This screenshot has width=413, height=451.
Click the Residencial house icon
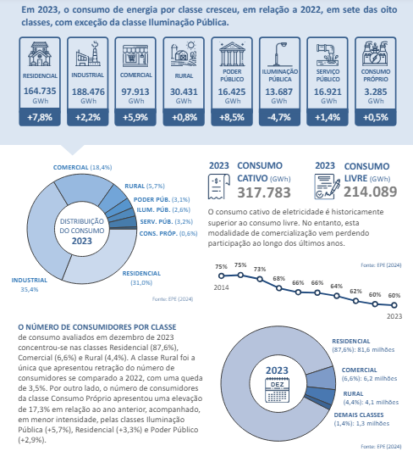click(x=40, y=53)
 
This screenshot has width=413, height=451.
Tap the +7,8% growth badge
click(x=40, y=117)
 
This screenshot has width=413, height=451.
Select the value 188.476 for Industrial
click(x=88, y=92)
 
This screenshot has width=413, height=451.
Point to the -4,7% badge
click(x=279, y=117)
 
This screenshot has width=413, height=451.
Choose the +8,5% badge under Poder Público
click(x=232, y=117)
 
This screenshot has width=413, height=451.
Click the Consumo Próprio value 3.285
click(x=376, y=92)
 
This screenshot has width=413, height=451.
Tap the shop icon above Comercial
click(x=135, y=55)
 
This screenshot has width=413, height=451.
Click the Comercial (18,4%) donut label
click(x=82, y=167)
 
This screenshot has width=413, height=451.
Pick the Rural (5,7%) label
click(x=145, y=187)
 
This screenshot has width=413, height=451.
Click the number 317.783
click(x=264, y=192)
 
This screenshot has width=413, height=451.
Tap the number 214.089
click(x=370, y=192)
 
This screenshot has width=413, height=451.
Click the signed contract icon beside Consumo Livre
click(x=328, y=187)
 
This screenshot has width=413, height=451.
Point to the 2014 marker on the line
click(x=221, y=276)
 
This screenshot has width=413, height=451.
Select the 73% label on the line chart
click(x=260, y=270)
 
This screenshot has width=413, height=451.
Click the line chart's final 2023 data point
click(x=394, y=305)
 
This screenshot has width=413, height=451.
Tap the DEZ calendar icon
click(x=277, y=390)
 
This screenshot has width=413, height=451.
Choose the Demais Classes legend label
click(x=359, y=415)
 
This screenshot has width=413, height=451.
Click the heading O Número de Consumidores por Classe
click(x=97, y=327)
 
